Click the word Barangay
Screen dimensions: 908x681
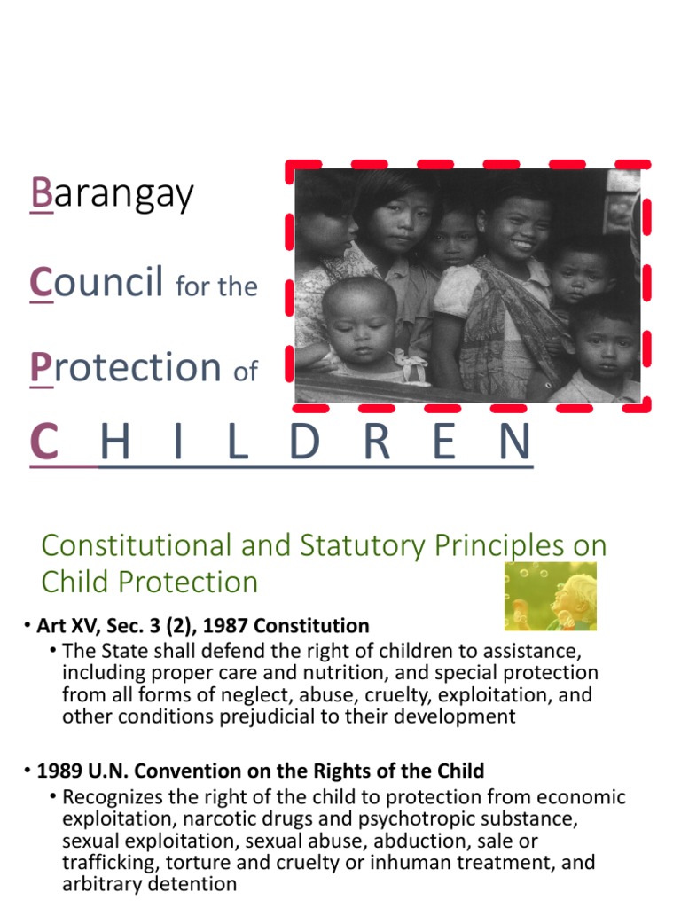click(x=112, y=193)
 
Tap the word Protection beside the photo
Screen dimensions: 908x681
click(x=125, y=366)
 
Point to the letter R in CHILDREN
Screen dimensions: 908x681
click(x=377, y=443)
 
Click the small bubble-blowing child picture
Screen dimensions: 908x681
click(x=550, y=597)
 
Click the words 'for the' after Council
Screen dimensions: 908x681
click(x=216, y=286)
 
